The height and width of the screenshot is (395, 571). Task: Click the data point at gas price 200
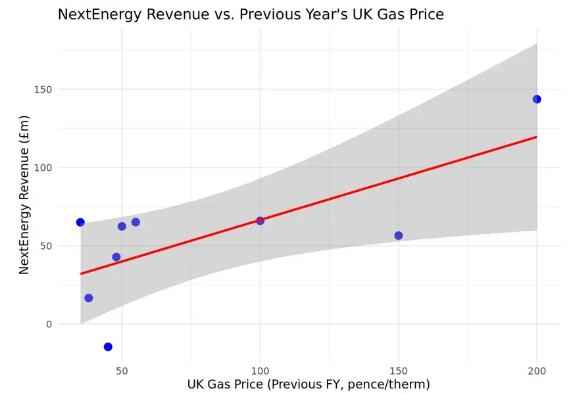(x=537, y=99)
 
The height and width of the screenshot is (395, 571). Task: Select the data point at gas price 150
(x=398, y=235)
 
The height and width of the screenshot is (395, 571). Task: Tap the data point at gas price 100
(x=260, y=221)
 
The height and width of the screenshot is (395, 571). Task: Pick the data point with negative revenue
(x=108, y=346)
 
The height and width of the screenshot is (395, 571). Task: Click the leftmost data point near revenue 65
(x=80, y=222)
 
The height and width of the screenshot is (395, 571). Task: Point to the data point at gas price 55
(x=136, y=222)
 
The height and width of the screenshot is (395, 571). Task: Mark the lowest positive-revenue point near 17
(x=89, y=298)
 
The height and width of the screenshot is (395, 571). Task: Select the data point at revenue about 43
(x=116, y=257)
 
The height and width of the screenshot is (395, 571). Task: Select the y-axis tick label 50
(x=43, y=246)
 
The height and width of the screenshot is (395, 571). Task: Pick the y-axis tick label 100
(x=41, y=168)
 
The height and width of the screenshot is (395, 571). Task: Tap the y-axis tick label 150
(x=41, y=89)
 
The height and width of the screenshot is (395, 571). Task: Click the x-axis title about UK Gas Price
(x=309, y=384)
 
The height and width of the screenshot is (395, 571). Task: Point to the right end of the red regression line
(x=537, y=137)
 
